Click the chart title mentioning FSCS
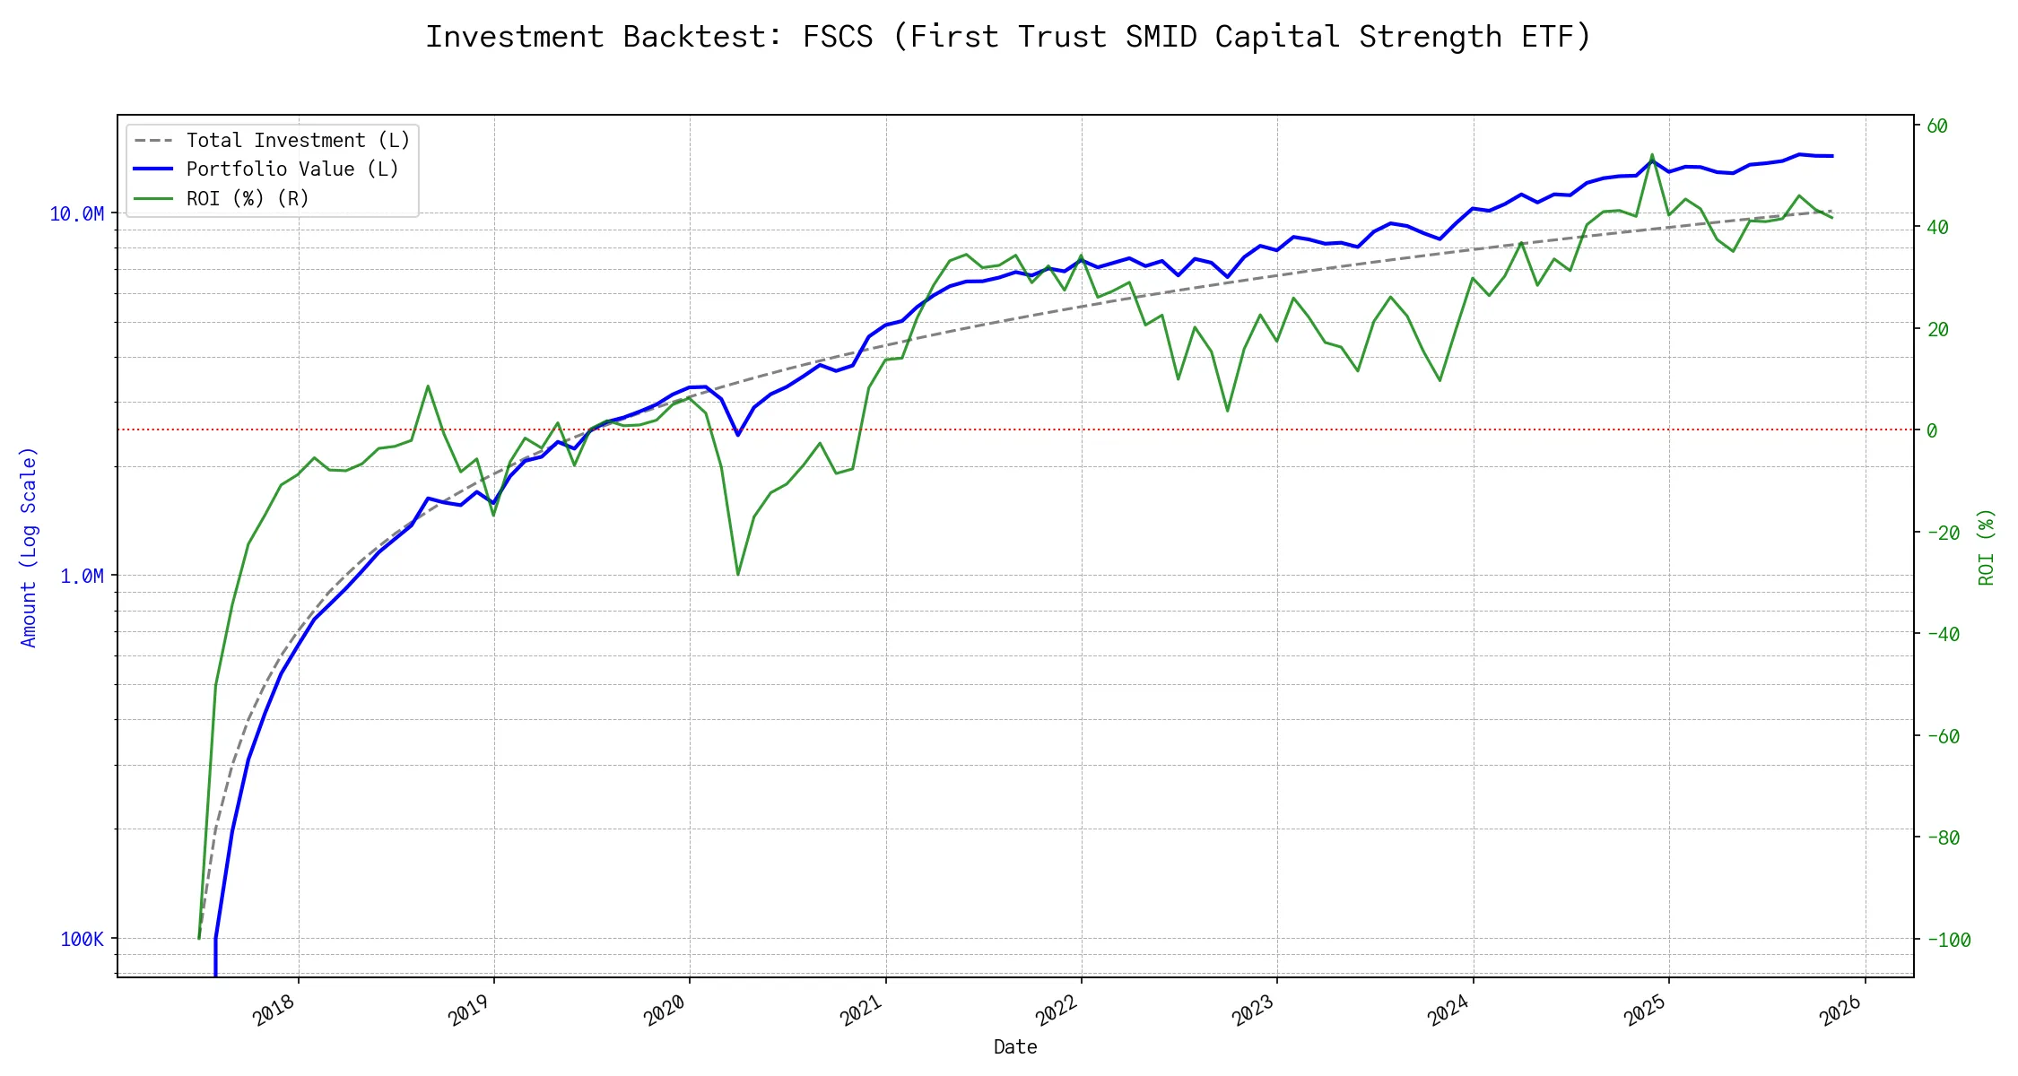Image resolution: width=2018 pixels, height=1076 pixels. click(1008, 37)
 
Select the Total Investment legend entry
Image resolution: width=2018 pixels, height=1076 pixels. click(298, 141)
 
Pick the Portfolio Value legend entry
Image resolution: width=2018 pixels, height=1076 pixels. click(292, 169)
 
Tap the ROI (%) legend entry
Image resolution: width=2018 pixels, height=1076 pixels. click(248, 198)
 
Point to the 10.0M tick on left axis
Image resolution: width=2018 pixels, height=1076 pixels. click(77, 214)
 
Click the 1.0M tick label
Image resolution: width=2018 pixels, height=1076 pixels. click(82, 577)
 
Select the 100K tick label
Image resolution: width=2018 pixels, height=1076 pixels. click(83, 940)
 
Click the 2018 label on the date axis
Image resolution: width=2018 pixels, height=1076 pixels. click(274, 1011)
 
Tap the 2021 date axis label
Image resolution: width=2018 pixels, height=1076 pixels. click(862, 1011)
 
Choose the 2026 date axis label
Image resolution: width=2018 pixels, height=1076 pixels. click(1841, 1011)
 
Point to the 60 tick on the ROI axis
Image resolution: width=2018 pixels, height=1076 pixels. click(1937, 126)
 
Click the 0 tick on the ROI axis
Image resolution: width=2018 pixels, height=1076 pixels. click(1932, 431)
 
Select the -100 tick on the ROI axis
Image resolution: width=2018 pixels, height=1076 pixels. click(1948, 941)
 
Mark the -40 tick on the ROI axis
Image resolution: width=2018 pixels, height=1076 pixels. click(1943, 635)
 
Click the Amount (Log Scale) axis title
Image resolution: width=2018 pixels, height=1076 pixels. click(29, 547)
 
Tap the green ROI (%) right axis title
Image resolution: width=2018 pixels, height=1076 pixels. click(1987, 547)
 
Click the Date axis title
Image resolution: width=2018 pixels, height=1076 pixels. click(1015, 1047)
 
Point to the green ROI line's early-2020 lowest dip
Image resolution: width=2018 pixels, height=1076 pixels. click(738, 574)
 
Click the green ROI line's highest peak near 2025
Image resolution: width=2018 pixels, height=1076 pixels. click(1652, 154)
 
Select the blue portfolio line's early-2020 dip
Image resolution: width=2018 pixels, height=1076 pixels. click(738, 435)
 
